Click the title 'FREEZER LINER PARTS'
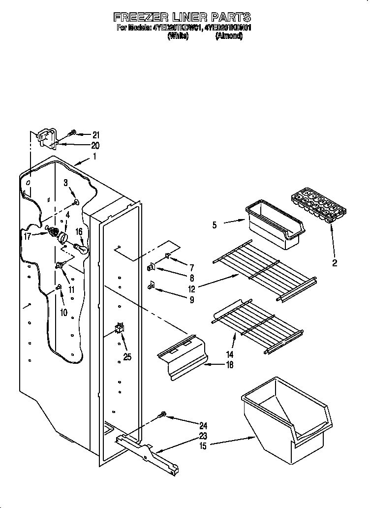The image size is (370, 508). click(x=182, y=18)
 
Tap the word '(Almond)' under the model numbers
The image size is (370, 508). click(x=229, y=36)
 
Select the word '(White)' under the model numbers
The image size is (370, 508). click(x=178, y=36)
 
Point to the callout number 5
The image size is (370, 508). click(x=215, y=225)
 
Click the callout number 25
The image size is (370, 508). click(x=127, y=357)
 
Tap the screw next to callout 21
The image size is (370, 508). click(x=72, y=132)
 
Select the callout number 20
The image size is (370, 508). click(x=95, y=145)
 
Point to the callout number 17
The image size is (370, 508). click(x=28, y=236)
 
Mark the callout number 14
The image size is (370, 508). click(x=230, y=354)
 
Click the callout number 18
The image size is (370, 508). click(x=229, y=365)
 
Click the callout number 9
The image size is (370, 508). click(x=191, y=299)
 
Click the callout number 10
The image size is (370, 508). click(x=63, y=312)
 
